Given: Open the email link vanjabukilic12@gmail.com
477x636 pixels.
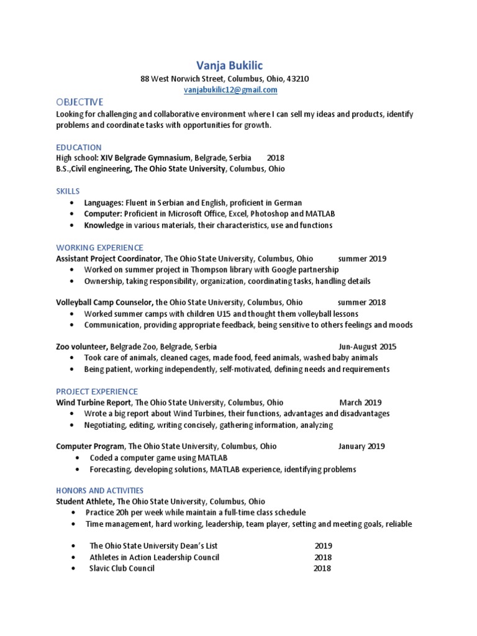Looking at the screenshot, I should [x=230, y=90].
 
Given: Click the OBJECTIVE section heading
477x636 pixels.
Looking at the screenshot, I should [x=79, y=102].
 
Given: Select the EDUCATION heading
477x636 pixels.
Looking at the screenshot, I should [x=79, y=147].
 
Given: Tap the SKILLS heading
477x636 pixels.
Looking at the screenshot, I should [x=68, y=191].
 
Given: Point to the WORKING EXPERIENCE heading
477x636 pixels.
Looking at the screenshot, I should [x=99, y=247].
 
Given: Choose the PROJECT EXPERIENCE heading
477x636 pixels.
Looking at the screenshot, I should [x=97, y=391].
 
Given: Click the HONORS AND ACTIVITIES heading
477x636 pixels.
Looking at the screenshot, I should [x=99, y=490].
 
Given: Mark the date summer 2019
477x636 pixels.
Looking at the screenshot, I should [x=361, y=258].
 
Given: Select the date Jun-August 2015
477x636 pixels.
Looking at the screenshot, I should [x=367, y=347].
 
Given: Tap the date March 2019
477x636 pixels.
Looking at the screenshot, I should [x=360, y=402].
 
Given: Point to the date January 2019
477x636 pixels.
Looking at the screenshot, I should [x=361, y=446].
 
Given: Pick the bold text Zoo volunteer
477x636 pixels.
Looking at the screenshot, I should [x=82, y=347].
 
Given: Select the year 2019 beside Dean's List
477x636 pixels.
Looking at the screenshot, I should [x=323, y=545].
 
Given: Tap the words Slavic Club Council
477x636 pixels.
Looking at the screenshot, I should [x=122, y=568].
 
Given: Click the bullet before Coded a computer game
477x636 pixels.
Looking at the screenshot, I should [x=75, y=458].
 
